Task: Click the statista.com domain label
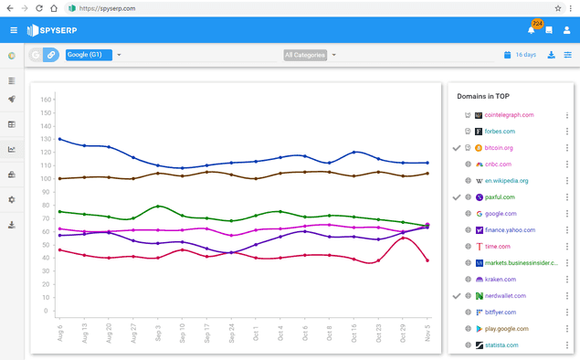coord(501,344)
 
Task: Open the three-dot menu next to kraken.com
coord(567,279)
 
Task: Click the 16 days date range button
coord(520,55)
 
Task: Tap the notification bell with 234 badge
coord(531,30)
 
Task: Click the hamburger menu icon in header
coord(13,30)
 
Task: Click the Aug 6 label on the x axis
coord(59,330)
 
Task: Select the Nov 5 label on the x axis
coord(427,330)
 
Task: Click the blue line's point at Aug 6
coord(59,139)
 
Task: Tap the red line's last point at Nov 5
coord(427,260)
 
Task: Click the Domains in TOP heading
coord(489,96)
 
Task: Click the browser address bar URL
coord(108,7)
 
